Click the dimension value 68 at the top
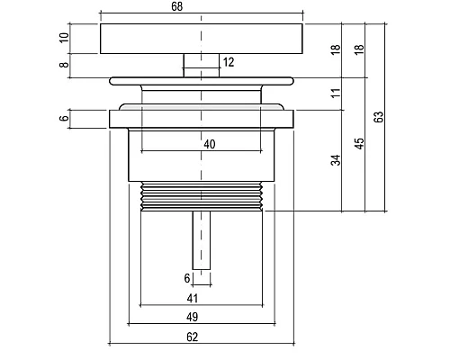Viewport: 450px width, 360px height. coord(177,6)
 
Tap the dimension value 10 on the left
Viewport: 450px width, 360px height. coord(64,38)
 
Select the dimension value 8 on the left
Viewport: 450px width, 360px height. coord(64,64)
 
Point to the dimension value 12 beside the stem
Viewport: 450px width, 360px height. coord(229,62)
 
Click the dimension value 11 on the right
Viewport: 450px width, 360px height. coord(337,93)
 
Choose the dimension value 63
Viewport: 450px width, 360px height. coord(379,117)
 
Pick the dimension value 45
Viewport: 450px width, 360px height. coord(359,143)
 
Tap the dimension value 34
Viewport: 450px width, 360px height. coord(337,160)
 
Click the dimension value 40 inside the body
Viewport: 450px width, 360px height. coord(210,144)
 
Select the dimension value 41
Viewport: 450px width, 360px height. coord(193,299)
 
